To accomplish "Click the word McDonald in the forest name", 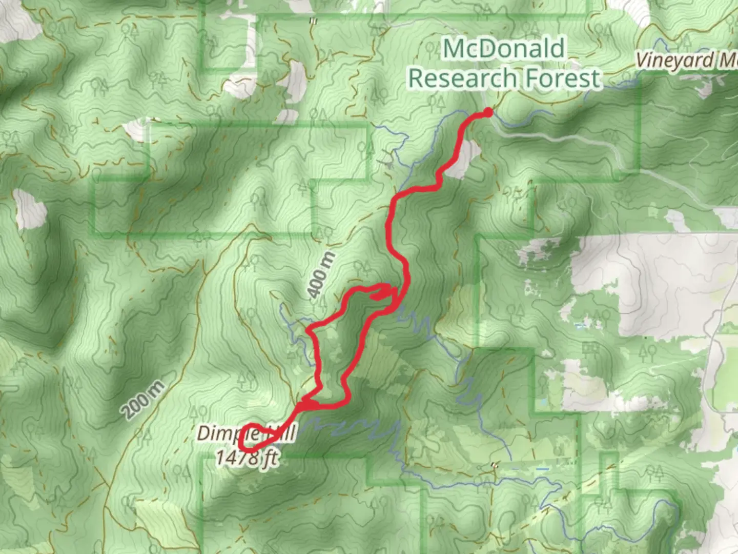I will coord(504,49).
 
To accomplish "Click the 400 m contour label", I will coord(321,275).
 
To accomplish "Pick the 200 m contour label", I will coord(143,400).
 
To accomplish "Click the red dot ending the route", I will coord(488,112).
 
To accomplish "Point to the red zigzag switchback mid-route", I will coord(382,293).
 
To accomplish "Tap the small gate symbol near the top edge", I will coord(313,21).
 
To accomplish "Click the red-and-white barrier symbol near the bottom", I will coord(495,465).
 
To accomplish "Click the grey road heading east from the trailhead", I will coord(564,138).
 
